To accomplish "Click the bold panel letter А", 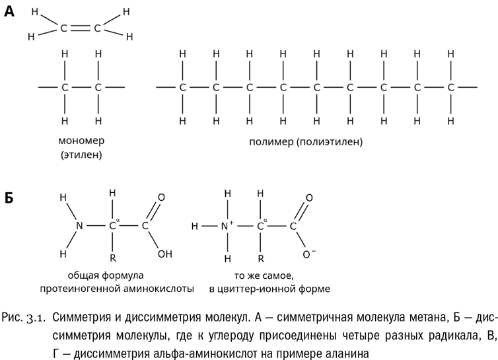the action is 9,11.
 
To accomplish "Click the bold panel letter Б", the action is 9,198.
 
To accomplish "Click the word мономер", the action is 81,141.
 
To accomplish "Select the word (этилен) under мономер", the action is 81,155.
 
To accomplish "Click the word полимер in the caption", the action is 271,142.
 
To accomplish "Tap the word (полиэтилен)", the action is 330,142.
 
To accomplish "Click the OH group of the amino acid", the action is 165,254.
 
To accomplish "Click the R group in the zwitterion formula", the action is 261,259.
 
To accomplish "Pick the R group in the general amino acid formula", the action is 113,258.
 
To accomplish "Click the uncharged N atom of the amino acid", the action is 79,226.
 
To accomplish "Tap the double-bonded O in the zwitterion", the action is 308,198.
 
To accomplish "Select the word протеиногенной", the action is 81,289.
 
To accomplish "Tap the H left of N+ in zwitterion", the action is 195,226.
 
